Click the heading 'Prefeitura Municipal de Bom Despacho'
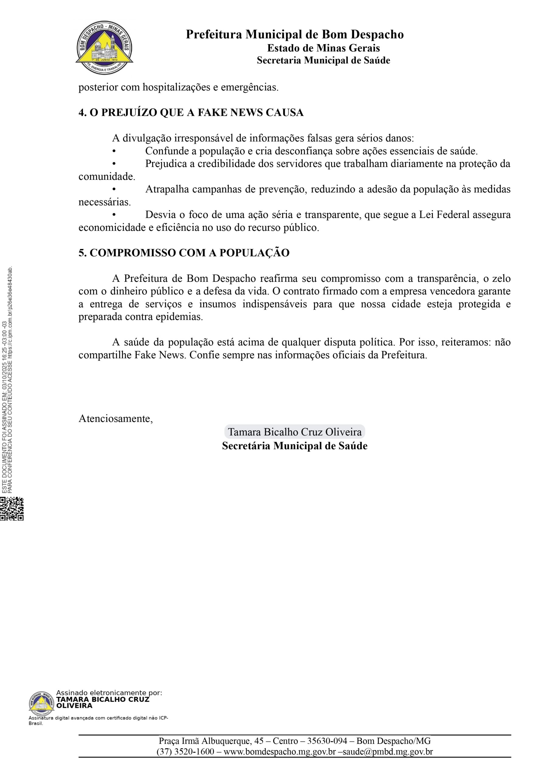coord(294,35)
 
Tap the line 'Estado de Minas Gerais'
coord(323,48)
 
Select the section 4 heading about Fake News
coord(191,112)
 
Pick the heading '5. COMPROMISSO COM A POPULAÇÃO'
coord(184,253)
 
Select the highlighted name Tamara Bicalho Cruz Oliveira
coord(294,432)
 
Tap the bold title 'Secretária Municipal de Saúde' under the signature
coord(294,446)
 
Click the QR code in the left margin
coord(12,508)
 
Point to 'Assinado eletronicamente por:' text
coord(109,693)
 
